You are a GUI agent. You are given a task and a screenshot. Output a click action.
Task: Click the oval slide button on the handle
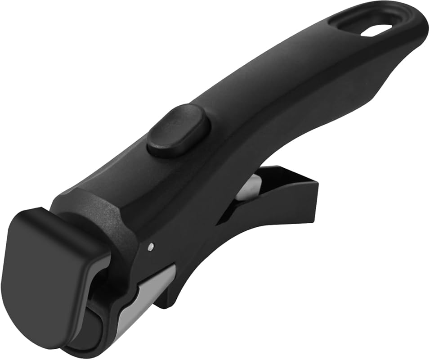tap(179, 130)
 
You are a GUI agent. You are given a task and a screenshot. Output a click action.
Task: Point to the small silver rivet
tap(151, 246)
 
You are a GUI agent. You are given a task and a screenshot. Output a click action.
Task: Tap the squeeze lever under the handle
tap(279, 198)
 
